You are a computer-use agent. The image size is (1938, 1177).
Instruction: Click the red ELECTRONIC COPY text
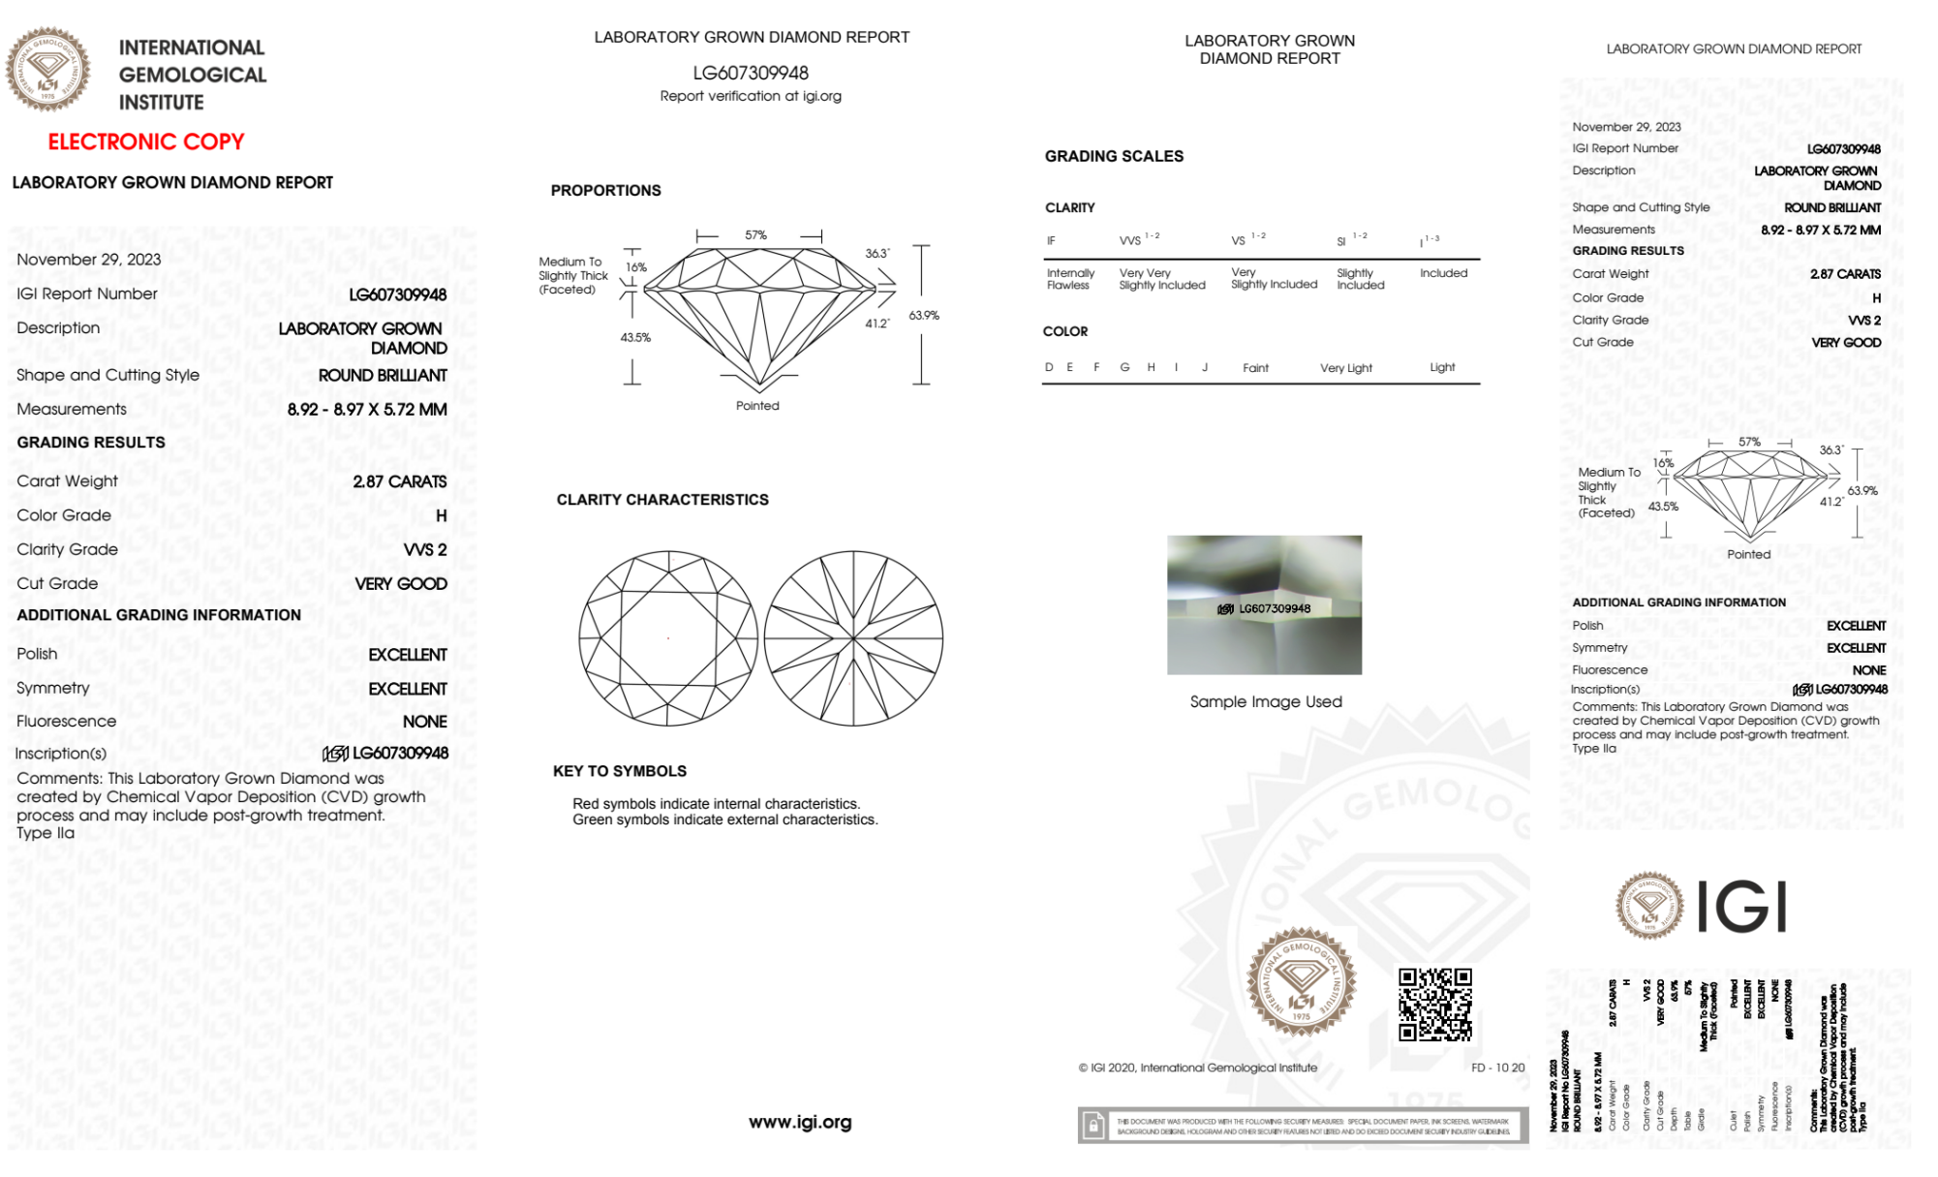[146, 141]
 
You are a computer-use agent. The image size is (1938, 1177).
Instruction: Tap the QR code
[1434, 1005]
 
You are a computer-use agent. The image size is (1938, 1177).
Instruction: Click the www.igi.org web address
[800, 1122]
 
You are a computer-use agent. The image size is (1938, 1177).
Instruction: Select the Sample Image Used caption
[1266, 701]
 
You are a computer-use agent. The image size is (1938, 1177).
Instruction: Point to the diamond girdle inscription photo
[1264, 604]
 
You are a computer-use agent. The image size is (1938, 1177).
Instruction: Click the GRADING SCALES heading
[1114, 156]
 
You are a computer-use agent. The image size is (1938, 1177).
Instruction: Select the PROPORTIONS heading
[605, 190]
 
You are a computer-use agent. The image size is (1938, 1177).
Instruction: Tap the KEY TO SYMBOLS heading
[619, 771]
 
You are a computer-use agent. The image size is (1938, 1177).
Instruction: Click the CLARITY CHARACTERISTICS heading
[661, 500]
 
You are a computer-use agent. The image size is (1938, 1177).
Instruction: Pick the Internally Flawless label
[1070, 279]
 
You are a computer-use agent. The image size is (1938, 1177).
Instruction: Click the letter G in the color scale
[1124, 367]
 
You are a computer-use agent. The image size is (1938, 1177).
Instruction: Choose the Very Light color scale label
[1345, 368]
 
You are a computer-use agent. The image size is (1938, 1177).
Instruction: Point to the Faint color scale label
[1255, 368]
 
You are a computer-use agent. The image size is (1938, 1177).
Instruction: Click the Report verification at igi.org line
[751, 96]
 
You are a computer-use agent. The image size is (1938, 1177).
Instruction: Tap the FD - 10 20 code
[1497, 1068]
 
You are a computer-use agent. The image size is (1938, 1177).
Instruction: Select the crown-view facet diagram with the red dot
[668, 638]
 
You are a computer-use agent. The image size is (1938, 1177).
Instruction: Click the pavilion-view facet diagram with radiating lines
[853, 638]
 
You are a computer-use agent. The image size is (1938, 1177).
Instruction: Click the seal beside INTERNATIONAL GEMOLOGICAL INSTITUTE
[47, 69]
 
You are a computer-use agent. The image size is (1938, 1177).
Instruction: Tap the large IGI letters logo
[1742, 907]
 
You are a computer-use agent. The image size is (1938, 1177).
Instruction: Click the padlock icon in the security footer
[1093, 1126]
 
